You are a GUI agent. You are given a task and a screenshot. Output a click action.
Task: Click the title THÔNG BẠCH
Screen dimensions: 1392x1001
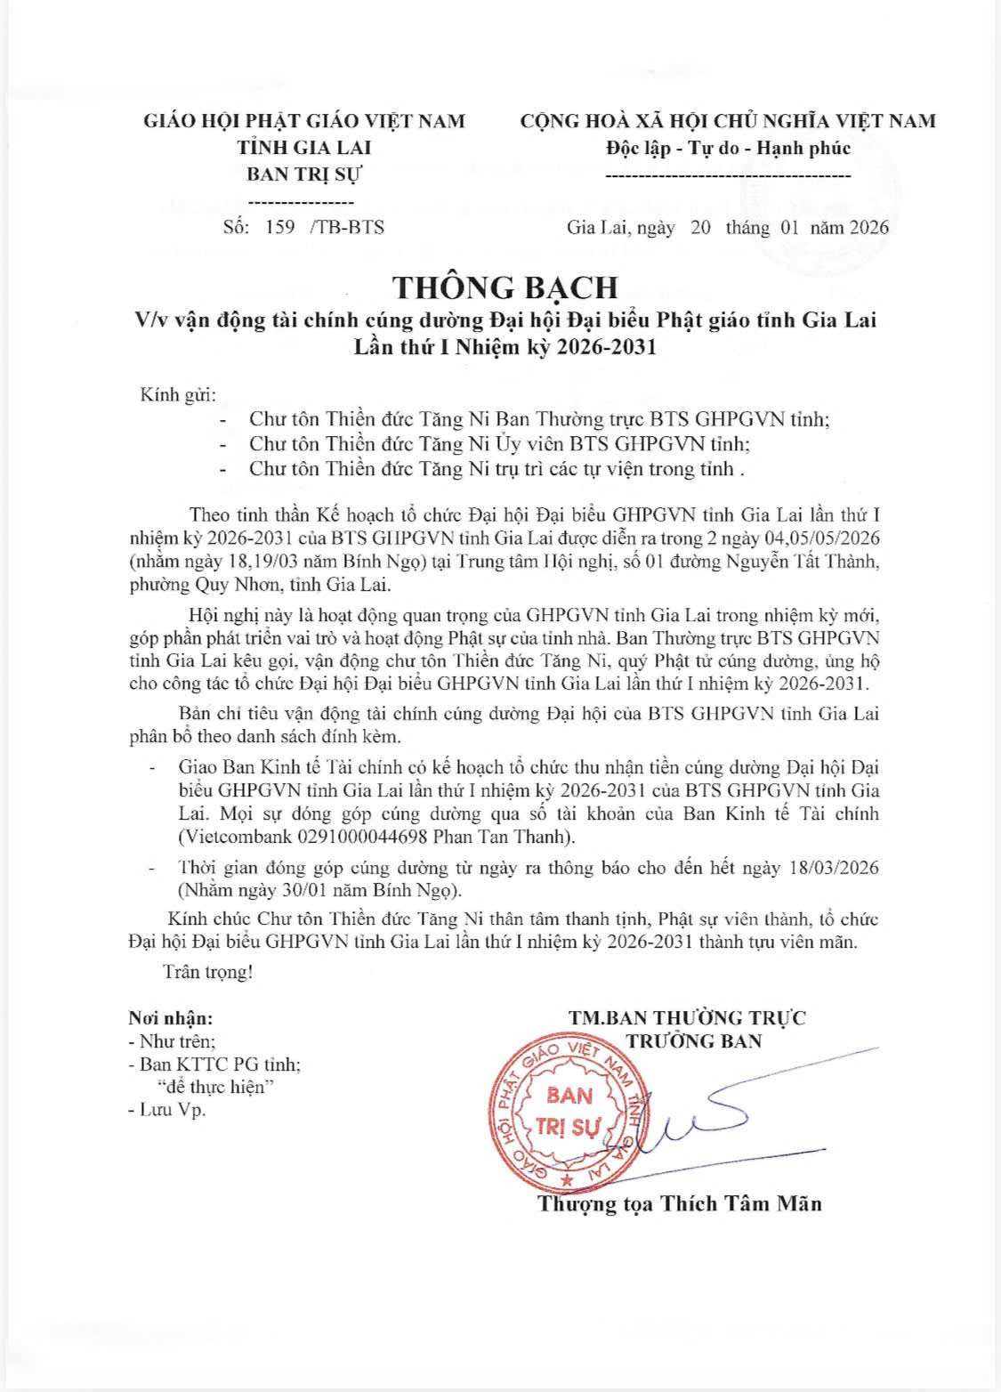click(505, 287)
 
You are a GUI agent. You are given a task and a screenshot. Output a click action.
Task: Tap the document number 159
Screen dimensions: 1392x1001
click(279, 227)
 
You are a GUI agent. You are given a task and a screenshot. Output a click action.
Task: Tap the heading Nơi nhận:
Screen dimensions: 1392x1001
click(171, 1018)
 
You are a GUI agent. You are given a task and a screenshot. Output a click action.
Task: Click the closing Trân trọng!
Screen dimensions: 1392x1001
click(208, 972)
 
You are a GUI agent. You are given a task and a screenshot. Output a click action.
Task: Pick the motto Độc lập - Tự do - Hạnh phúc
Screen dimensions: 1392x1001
click(728, 148)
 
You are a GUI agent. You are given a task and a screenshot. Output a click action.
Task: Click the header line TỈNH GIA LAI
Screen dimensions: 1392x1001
click(304, 148)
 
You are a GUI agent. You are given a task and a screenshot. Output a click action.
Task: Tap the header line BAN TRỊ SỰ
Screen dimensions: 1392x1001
click(304, 174)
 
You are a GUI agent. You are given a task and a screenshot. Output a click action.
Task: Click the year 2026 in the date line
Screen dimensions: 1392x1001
click(868, 227)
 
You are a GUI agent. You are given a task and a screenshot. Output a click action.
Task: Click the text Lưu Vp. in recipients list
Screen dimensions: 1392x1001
click(173, 1110)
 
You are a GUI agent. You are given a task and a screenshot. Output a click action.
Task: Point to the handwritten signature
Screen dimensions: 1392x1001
click(703, 1117)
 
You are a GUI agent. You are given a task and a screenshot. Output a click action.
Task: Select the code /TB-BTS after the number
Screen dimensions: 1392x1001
click(347, 227)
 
